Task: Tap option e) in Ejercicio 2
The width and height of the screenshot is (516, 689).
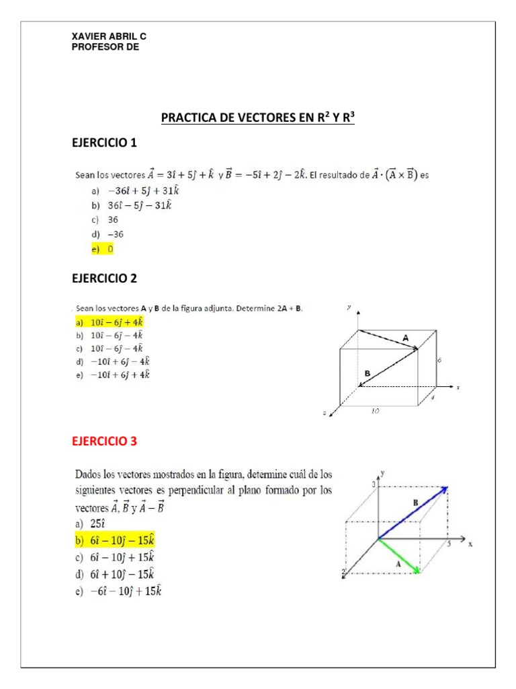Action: coord(113,374)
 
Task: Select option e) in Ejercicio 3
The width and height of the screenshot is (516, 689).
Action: coord(118,591)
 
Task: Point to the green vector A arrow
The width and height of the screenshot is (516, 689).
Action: coord(400,556)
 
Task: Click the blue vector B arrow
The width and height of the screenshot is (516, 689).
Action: coord(413,513)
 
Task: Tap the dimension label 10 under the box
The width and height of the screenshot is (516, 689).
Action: coord(374,410)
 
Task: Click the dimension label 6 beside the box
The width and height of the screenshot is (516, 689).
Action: coord(439,361)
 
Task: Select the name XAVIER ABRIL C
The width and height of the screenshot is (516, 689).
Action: coord(108,37)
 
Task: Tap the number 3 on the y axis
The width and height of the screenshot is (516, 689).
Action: coord(374,485)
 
